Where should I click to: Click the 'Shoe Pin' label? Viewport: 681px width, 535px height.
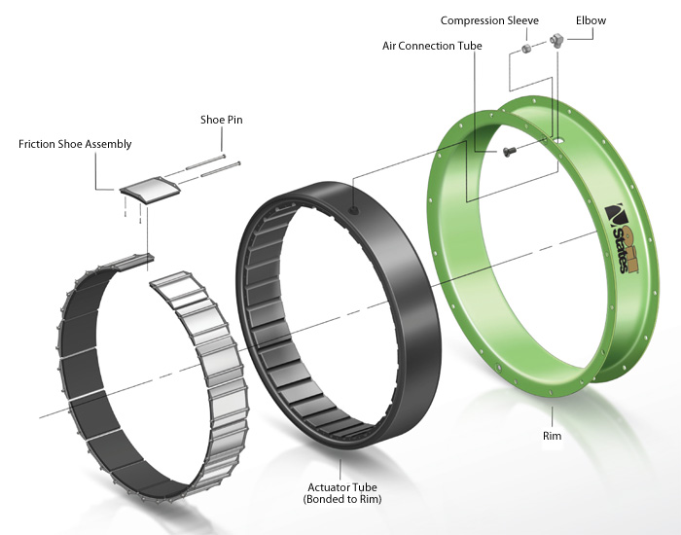click(221, 122)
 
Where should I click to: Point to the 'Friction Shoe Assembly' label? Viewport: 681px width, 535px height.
click(75, 144)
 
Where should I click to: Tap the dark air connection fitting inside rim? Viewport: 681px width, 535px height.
click(509, 152)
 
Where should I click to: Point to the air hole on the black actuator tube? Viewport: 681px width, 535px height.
click(353, 206)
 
